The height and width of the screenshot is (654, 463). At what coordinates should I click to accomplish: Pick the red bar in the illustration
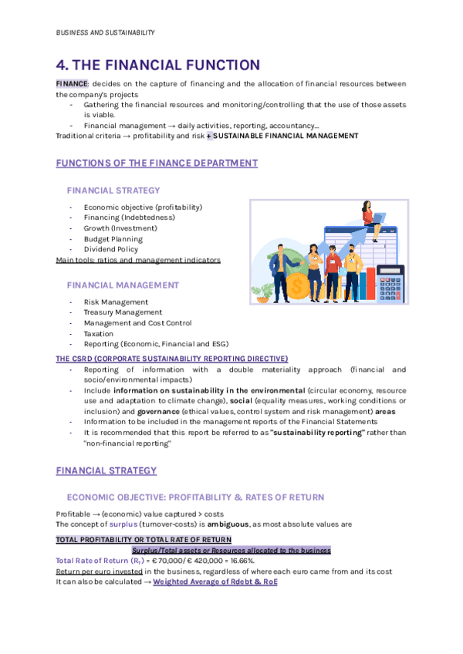pos(372,283)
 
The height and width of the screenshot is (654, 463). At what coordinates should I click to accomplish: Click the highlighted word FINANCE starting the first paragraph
pos(73,83)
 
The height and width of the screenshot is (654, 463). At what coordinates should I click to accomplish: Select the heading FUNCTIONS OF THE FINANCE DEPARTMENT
pos(157,163)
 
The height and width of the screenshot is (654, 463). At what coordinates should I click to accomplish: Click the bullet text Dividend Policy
pos(111,249)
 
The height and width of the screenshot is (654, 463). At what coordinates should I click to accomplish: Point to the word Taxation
pos(99,334)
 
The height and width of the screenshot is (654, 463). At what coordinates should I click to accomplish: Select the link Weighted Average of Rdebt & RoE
pos(215,582)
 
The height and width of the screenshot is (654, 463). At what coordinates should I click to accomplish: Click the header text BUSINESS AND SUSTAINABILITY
pos(106,32)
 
